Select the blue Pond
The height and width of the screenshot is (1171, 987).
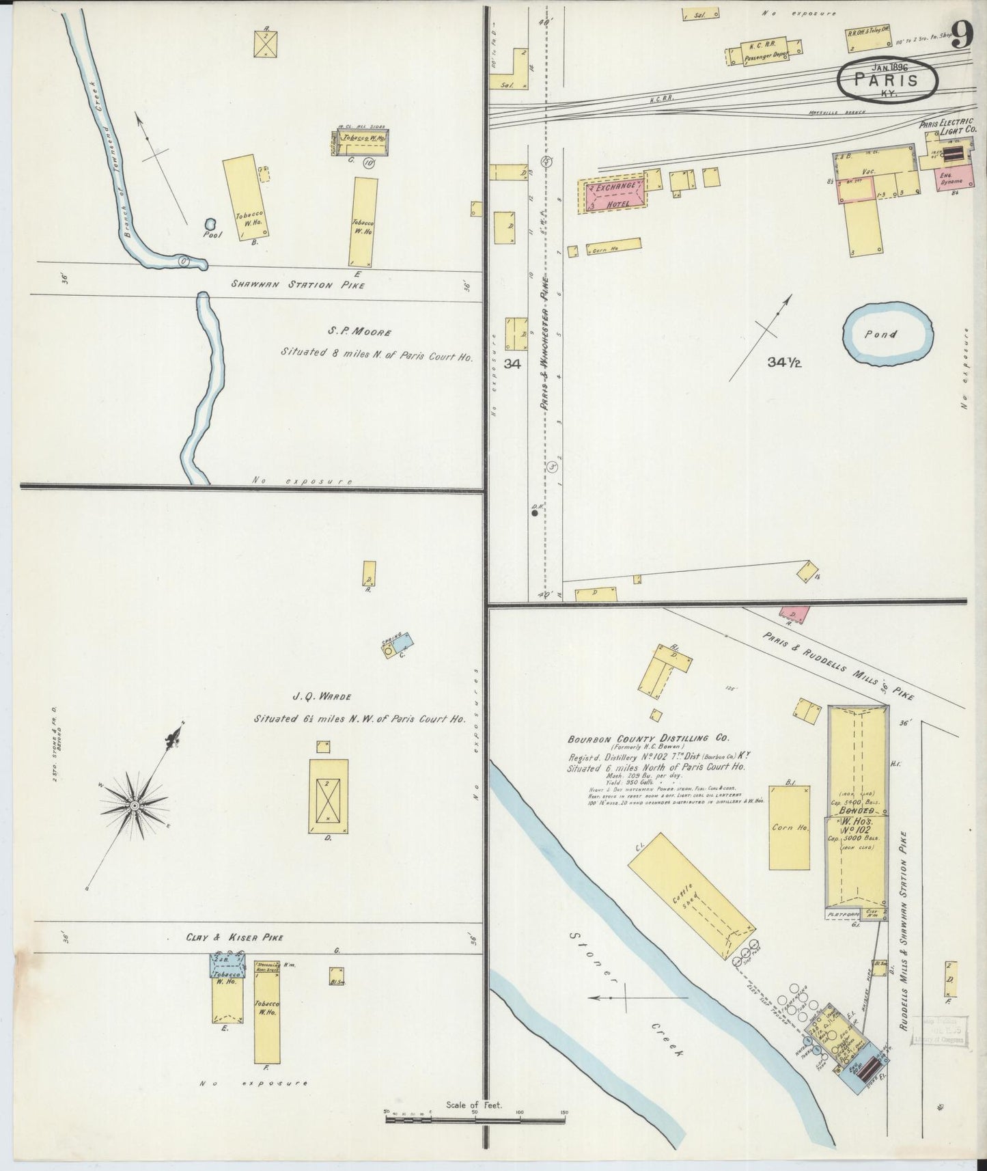point(888,335)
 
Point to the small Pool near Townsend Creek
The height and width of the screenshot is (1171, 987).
point(210,223)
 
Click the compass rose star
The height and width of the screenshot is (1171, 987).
point(135,807)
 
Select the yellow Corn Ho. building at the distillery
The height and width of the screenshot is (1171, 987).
point(790,827)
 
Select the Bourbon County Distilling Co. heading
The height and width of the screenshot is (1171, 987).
point(648,739)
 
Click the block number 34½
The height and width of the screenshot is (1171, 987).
point(783,363)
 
